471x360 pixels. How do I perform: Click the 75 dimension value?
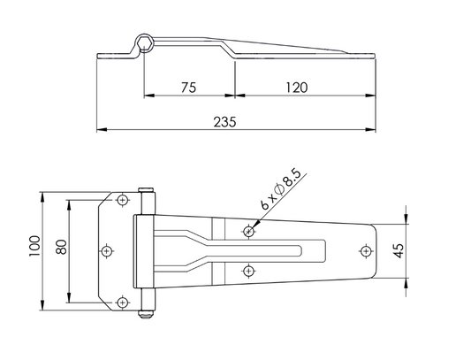click(188, 88)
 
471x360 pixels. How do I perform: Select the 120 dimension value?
click(296, 88)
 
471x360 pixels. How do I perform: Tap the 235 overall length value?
click(224, 122)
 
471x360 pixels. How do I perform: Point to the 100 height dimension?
click(34, 246)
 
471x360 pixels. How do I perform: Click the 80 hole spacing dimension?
click(62, 247)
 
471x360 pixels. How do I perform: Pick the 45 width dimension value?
click(399, 251)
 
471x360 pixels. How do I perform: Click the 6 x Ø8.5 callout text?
click(280, 189)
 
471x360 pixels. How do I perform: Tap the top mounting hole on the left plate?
click(123, 200)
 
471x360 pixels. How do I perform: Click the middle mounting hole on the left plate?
click(107, 251)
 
